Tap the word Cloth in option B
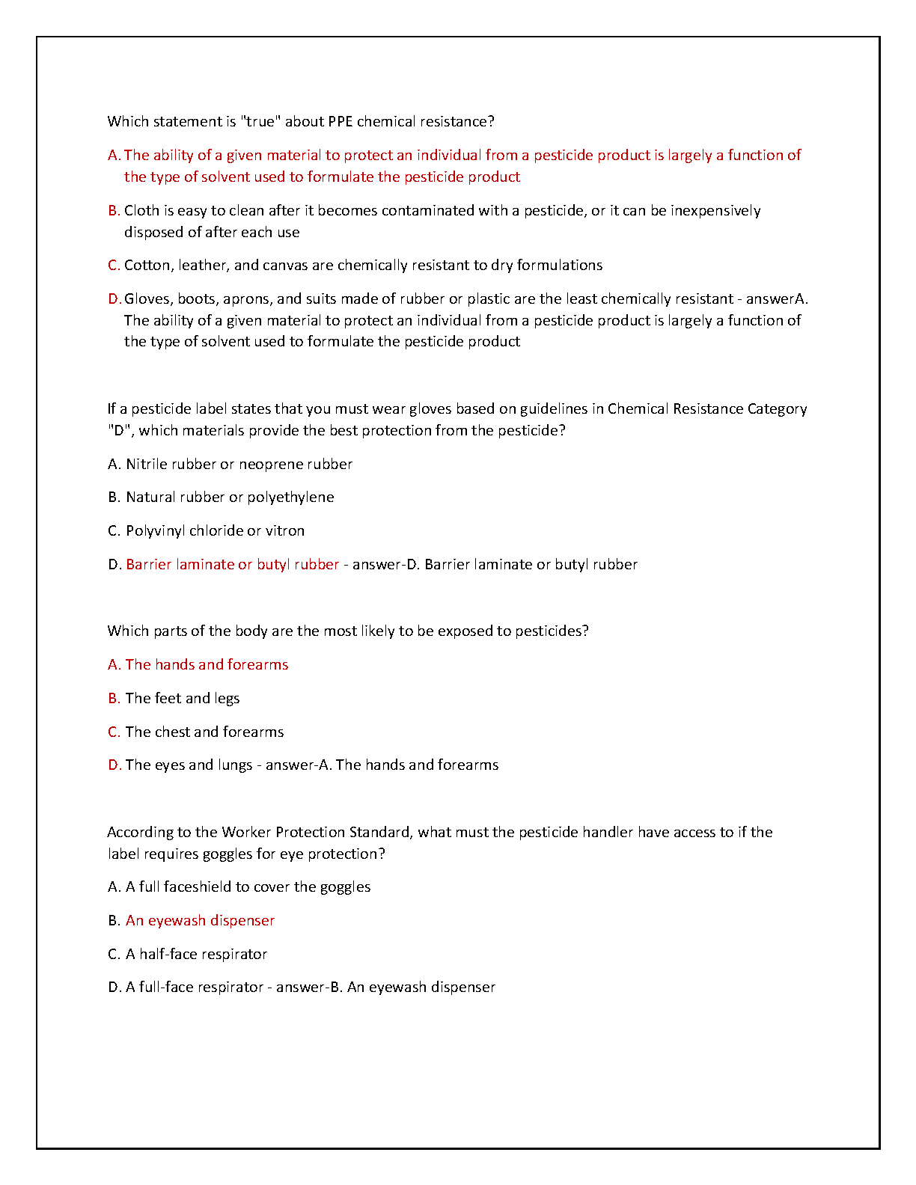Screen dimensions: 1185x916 coord(141,211)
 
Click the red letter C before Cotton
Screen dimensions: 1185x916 coord(114,266)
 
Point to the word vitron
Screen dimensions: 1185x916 coord(285,531)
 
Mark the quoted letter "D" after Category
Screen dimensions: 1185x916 coord(118,431)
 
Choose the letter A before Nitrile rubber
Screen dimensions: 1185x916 coord(113,465)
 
